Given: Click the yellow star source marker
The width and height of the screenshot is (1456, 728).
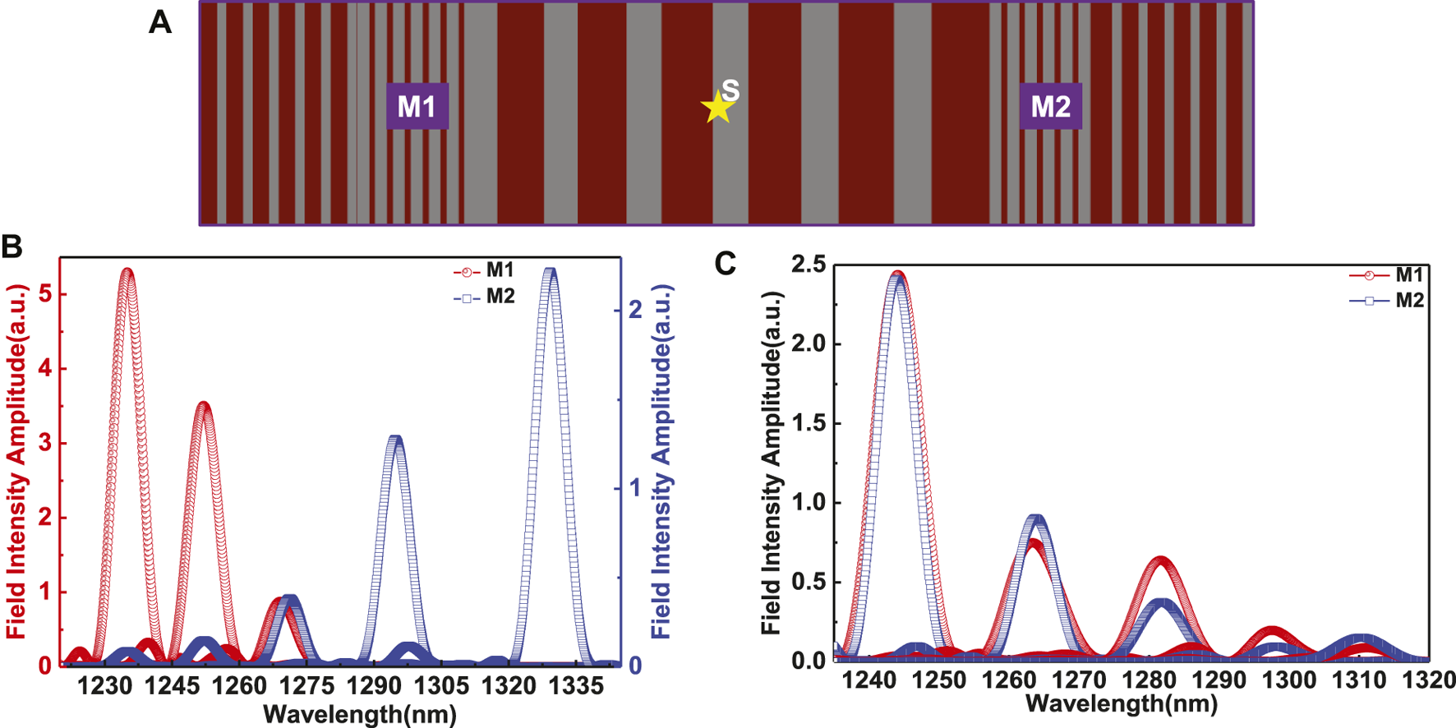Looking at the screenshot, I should coord(717,108).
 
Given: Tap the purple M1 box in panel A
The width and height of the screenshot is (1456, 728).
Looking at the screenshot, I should coord(417,106).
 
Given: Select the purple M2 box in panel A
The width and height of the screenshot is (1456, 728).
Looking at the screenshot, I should coord(1050,106).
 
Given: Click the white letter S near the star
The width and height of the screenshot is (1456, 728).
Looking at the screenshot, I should coord(730,90).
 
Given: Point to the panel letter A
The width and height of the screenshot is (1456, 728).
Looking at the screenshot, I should coord(160,22).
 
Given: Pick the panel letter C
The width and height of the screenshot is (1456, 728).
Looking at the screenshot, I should coord(726,264).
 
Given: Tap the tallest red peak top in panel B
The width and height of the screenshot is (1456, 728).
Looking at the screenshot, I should coord(127,270).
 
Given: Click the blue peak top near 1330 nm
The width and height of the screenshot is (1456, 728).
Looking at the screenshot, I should coord(551,271).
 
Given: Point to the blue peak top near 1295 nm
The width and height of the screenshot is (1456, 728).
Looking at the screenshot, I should coord(397,439).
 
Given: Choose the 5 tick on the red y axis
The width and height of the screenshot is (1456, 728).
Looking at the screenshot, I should coord(45,294).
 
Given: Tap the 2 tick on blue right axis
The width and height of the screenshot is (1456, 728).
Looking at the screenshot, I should coord(634,310).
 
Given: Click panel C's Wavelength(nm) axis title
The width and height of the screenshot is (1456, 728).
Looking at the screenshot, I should coord(1122,704).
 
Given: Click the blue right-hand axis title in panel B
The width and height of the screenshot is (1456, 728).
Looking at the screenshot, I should coord(662,463).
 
